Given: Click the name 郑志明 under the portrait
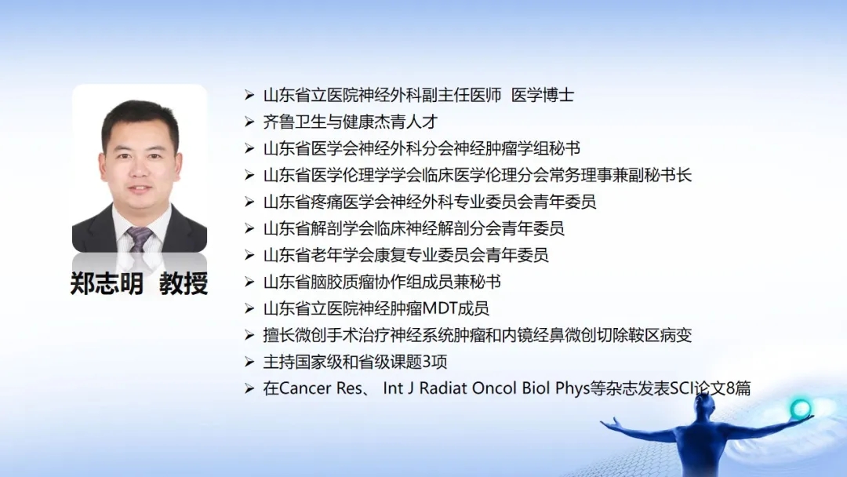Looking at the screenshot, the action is tap(107, 283).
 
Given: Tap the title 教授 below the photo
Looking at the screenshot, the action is tap(184, 283).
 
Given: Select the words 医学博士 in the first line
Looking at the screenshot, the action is tap(543, 96).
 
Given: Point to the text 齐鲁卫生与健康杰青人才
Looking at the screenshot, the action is tap(350, 122).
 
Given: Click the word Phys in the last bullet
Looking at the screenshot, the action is tap(572, 388).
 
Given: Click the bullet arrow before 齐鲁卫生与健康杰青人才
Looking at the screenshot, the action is tap(249, 122).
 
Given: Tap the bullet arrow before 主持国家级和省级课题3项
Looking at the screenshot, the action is tap(249, 362).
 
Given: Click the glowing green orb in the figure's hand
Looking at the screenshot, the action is tap(801, 409).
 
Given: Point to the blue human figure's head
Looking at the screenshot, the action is tap(703, 402).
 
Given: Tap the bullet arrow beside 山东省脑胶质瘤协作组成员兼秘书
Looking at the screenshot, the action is tap(249, 282).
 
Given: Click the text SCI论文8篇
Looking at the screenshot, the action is tap(711, 388).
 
